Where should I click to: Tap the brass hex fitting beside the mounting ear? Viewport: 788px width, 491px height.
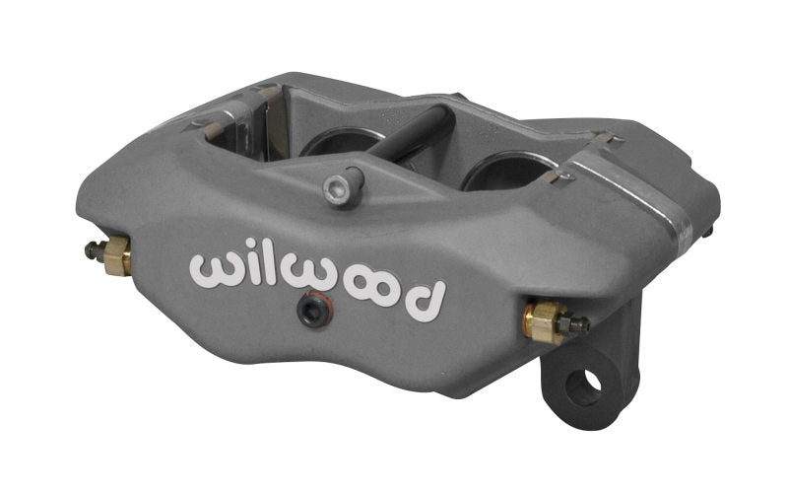point(542,320)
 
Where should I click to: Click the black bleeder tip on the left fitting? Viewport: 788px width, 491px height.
point(91,250)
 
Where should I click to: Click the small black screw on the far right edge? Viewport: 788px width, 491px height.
point(709,233)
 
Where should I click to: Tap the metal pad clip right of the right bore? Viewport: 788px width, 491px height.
point(559,178)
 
